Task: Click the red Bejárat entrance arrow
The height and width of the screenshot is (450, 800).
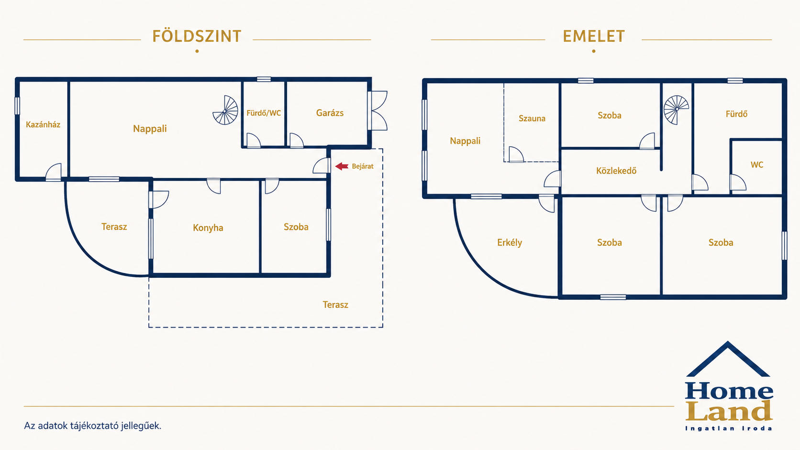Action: pos(342,166)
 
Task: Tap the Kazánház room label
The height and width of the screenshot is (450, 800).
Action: pos(43,124)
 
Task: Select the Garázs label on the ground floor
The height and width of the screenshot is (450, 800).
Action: pos(330,113)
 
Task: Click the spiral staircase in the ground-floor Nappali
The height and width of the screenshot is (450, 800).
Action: pos(225,110)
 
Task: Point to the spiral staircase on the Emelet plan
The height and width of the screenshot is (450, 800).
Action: pos(676,109)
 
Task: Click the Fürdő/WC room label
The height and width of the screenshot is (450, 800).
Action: pos(264,113)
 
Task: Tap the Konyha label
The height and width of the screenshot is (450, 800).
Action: pos(208,228)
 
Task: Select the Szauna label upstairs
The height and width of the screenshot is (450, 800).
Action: pos(532,119)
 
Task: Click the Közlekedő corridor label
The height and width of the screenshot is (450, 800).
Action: pos(616,171)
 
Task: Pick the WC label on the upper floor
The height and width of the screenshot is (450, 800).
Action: pos(757,165)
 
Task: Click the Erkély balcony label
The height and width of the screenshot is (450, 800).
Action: pos(509,242)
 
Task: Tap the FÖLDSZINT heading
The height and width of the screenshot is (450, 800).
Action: pos(197,36)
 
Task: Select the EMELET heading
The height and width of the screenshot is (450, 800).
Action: pos(594,36)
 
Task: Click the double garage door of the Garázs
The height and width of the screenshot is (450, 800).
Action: pos(378,110)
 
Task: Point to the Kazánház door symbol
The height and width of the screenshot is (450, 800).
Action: pos(54,172)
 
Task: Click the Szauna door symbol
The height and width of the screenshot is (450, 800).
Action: pos(516,154)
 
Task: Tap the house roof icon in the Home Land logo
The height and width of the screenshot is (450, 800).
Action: pos(728,359)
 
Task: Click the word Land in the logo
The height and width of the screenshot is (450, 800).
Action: pos(729,411)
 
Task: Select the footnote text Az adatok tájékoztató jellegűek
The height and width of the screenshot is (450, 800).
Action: pos(92,426)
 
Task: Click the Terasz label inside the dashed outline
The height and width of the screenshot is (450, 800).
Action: pos(335,305)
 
